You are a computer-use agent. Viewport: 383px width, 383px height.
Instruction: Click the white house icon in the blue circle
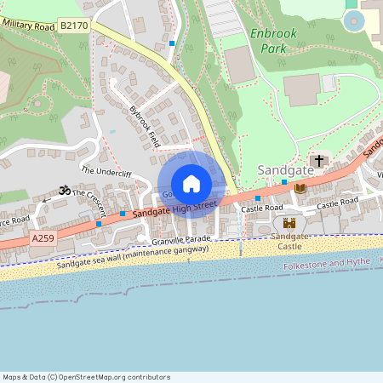[x=191, y=184]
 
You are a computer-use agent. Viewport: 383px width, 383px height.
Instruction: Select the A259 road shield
[x=43, y=239]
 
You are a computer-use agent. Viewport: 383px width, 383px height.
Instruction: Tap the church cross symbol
[x=320, y=160]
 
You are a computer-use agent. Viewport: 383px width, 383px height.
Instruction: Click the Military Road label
[x=28, y=25]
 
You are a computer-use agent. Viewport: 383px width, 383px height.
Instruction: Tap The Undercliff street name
[x=106, y=171]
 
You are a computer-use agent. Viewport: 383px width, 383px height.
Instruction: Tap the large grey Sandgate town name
[x=285, y=170]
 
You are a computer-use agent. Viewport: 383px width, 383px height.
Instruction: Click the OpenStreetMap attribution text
[x=75, y=376]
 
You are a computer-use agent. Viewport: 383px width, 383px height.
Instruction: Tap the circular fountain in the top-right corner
[x=352, y=22]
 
